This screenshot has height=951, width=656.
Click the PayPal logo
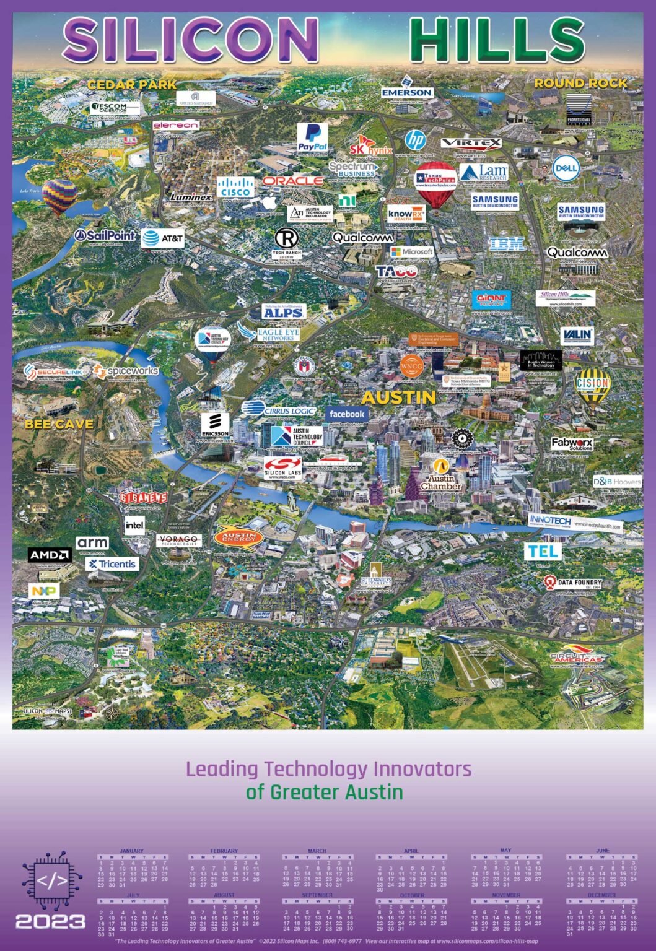click(x=313, y=137)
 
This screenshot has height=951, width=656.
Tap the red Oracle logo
click(x=293, y=181)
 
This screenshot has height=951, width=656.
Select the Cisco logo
click(x=235, y=187)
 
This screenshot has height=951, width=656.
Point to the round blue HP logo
click(x=415, y=141)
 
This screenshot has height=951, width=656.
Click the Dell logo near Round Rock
click(x=566, y=167)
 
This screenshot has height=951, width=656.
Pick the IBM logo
click(x=507, y=244)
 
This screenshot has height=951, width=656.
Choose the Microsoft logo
click(x=412, y=252)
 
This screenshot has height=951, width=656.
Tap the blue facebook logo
click(x=346, y=414)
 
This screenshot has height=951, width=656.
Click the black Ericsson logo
click(x=215, y=425)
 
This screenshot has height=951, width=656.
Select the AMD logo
click(x=50, y=555)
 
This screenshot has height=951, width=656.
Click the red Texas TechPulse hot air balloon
click(x=435, y=183)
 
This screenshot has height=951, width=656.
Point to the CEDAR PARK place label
click(x=131, y=85)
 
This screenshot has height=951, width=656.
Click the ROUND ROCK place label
click(x=580, y=83)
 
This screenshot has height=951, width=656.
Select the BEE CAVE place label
click(x=59, y=424)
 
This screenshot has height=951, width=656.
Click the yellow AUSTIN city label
click(x=398, y=397)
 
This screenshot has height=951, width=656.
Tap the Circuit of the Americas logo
click(x=577, y=658)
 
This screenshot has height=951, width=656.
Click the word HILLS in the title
click(x=497, y=40)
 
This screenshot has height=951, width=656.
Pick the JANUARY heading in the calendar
click(x=131, y=851)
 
